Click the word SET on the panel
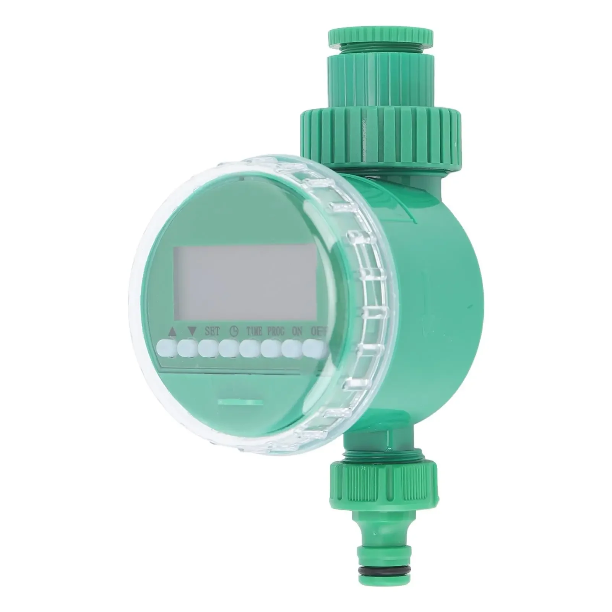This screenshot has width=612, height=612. (212, 331)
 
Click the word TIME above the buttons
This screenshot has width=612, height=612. (254, 331)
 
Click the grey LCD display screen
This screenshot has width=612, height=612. (245, 281)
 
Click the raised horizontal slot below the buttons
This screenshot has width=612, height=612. (240, 402)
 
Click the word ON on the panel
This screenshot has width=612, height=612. (297, 331)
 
